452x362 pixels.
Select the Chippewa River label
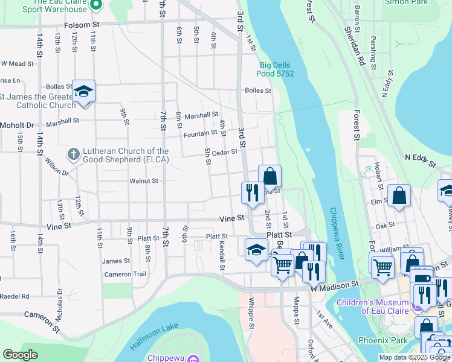click(337, 233)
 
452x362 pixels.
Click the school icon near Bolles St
click(83, 92)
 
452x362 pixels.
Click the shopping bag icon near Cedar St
click(270, 176)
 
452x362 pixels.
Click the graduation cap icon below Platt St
click(256, 249)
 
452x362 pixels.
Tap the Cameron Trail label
click(126, 274)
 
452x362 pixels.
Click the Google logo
click(20, 355)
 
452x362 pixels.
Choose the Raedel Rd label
click(15, 296)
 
